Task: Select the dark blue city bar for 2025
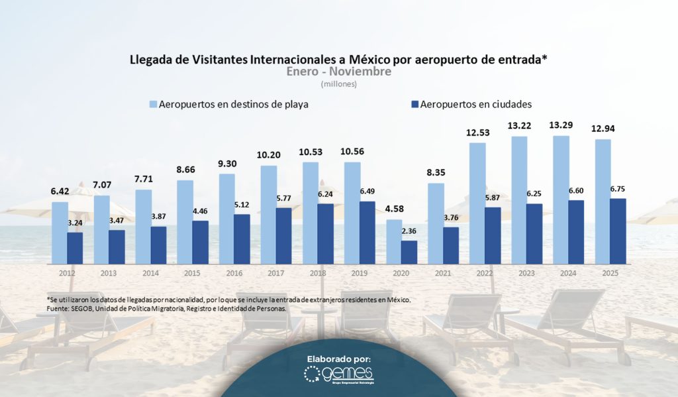(618, 231)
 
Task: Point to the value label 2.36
(410, 231)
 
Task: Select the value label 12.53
(477, 133)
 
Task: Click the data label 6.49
(368, 192)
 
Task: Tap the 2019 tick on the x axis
(359, 272)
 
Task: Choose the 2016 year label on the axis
(234, 272)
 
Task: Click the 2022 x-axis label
(484, 272)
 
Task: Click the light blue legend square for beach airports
(153, 104)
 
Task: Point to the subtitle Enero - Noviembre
(338, 72)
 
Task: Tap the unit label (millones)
(339, 84)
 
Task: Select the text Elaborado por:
(338, 359)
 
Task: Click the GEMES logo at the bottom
(338, 375)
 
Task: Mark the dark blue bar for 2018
(326, 233)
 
